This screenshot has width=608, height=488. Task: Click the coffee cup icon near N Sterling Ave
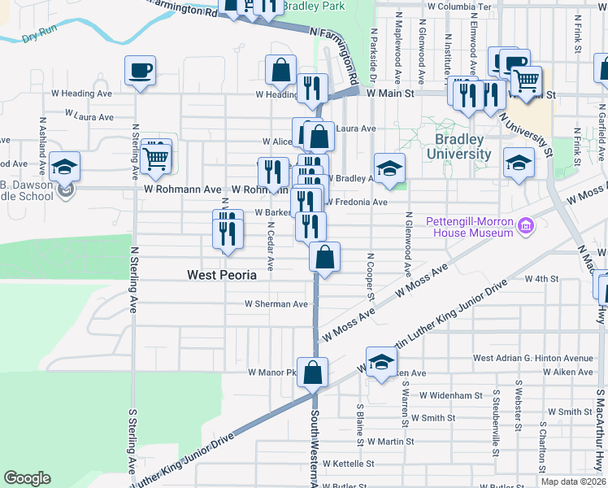point(140,69)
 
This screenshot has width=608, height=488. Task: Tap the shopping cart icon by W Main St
point(527,81)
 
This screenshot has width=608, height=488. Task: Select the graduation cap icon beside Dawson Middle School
point(64,167)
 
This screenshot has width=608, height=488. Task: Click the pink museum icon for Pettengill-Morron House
point(526,225)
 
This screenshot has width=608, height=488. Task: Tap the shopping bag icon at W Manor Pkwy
point(312,373)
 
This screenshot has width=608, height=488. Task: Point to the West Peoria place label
point(222,275)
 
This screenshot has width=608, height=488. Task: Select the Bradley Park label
point(313,7)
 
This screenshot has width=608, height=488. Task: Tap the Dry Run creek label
point(39,37)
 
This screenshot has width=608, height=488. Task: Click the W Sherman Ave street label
point(277,304)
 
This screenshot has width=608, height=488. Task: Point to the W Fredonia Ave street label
point(357,202)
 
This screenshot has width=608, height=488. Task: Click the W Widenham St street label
point(451,395)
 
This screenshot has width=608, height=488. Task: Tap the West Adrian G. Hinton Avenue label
point(533,358)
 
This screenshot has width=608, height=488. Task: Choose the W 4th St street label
point(541,279)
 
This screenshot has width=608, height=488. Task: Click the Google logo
point(28,477)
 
